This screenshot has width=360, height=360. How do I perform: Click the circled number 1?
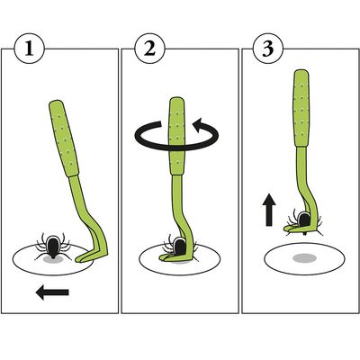[29, 49]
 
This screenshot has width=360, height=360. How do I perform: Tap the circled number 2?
[149, 49]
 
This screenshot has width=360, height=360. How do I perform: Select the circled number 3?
[268, 49]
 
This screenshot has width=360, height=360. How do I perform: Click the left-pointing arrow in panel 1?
[52, 292]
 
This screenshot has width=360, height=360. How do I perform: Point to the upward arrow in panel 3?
[269, 210]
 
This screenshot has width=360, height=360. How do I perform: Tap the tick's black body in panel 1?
[53, 247]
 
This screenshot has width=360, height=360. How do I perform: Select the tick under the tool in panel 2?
[179, 247]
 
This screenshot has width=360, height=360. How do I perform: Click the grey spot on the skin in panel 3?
[304, 258]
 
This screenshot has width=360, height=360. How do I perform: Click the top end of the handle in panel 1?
[55, 102]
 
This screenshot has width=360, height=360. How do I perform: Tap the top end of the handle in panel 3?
[301, 71]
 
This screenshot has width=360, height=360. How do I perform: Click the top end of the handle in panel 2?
[176, 99]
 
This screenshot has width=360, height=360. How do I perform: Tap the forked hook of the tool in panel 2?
[174, 256]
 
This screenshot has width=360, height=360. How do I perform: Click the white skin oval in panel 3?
[304, 259]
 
